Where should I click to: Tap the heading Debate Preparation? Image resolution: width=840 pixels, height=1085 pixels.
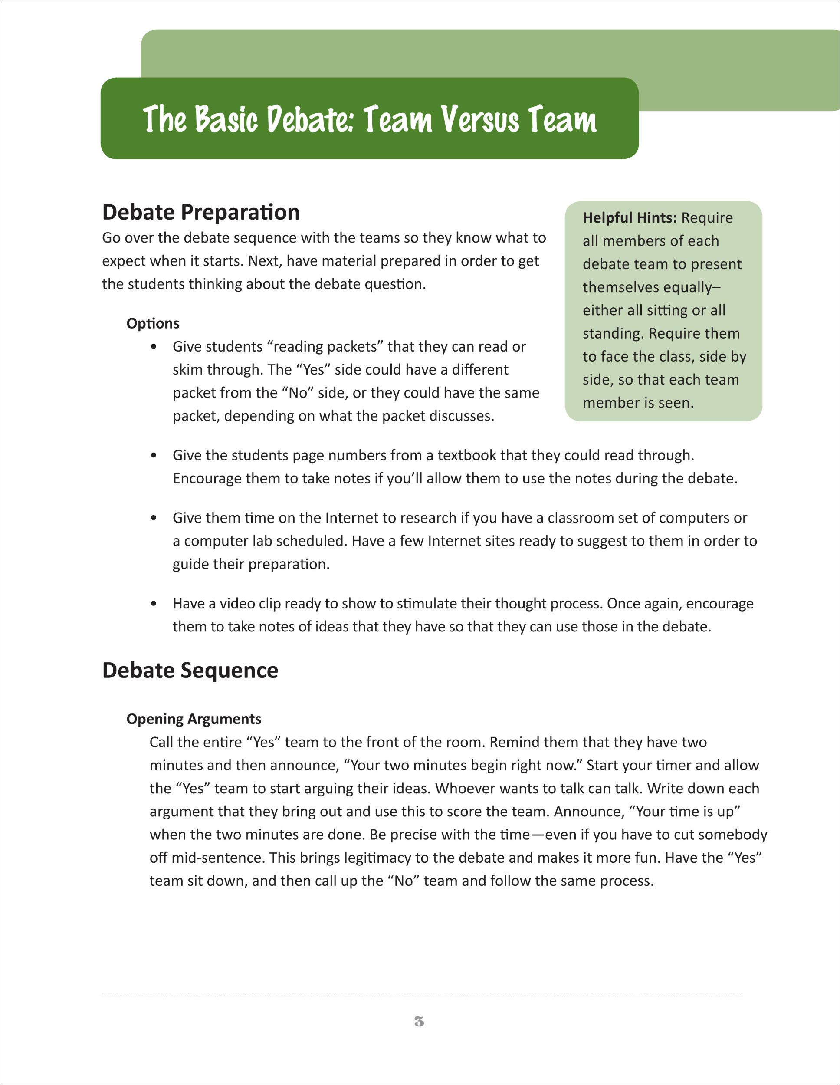(201, 212)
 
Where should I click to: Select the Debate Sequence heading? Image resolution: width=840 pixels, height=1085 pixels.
(190, 670)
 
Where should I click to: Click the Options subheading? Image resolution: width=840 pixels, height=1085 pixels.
(152, 323)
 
